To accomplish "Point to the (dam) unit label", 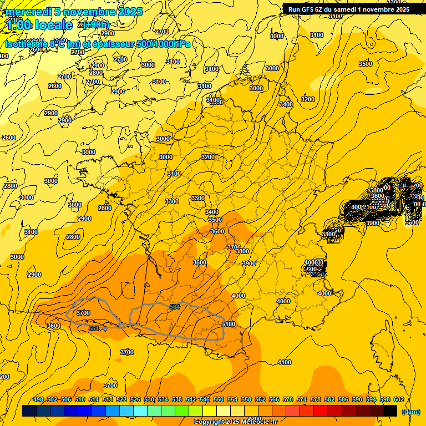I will pos(410,412).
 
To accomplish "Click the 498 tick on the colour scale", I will pos(38,400).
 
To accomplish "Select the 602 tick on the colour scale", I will pos(398,400).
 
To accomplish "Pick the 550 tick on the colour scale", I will pos(219,400).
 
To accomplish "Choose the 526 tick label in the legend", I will pos(135,400).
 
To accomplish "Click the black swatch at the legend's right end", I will pos(390,411).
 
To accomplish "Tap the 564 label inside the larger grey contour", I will pos(175,307).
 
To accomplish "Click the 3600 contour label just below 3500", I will pos(217,231).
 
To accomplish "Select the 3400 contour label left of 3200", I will pos(286,104).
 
